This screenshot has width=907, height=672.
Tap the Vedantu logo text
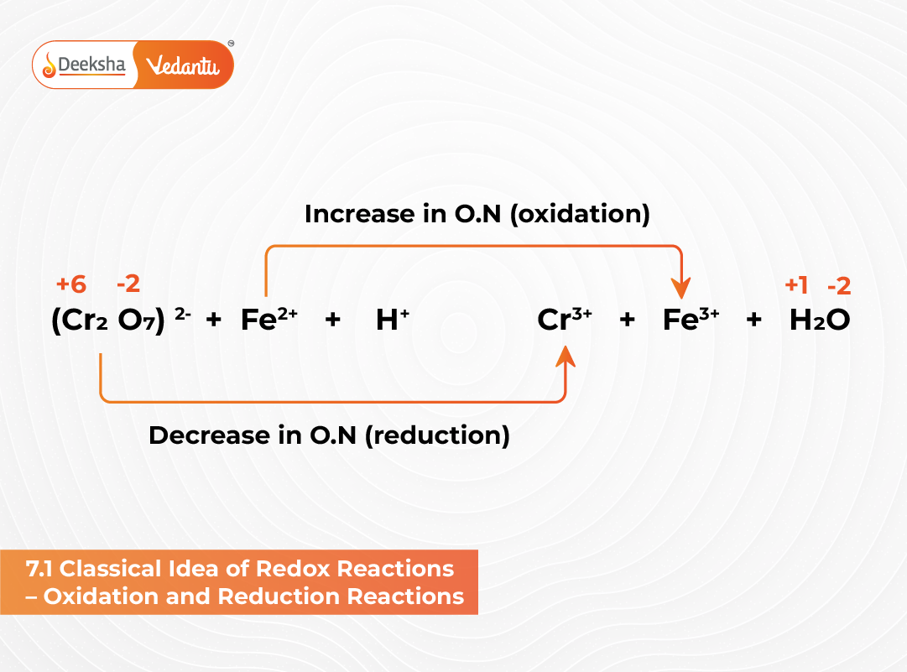182,65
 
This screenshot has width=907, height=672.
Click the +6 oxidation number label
71,284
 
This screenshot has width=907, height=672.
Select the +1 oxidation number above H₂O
796,285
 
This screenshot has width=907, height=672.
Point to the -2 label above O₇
128,284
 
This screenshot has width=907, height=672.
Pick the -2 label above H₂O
838,286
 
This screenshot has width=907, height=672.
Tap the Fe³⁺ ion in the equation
691,320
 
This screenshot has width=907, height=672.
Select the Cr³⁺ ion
565,320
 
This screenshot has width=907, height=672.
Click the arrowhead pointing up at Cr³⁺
566,358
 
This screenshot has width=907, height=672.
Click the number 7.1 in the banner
39,569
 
